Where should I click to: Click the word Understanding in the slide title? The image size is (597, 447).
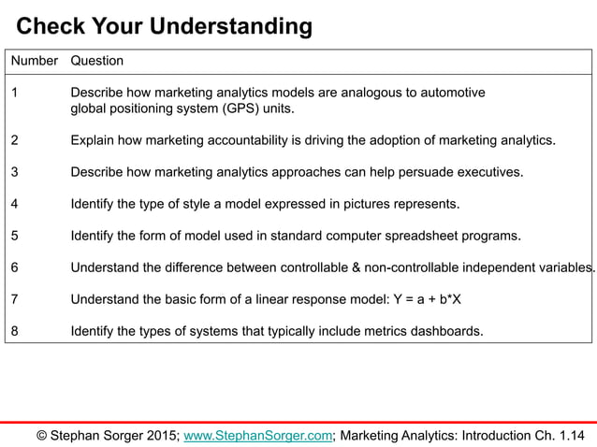233,27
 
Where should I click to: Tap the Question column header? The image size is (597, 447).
97,61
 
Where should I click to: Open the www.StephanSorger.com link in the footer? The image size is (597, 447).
258,434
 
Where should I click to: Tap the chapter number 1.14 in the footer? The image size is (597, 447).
566,434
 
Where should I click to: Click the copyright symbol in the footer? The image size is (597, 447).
42,434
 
